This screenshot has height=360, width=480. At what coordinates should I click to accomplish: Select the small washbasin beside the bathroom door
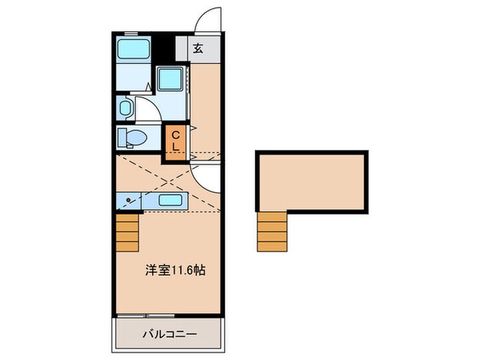click(x=125, y=107)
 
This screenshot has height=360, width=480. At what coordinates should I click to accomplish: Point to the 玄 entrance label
click(x=197, y=49)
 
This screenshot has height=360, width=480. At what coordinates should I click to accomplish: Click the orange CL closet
click(x=175, y=141)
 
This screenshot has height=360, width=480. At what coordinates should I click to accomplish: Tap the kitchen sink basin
click(x=169, y=200)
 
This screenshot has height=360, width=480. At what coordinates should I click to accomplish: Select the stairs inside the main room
click(x=128, y=232)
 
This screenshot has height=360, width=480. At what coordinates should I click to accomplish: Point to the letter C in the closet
click(x=175, y=134)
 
